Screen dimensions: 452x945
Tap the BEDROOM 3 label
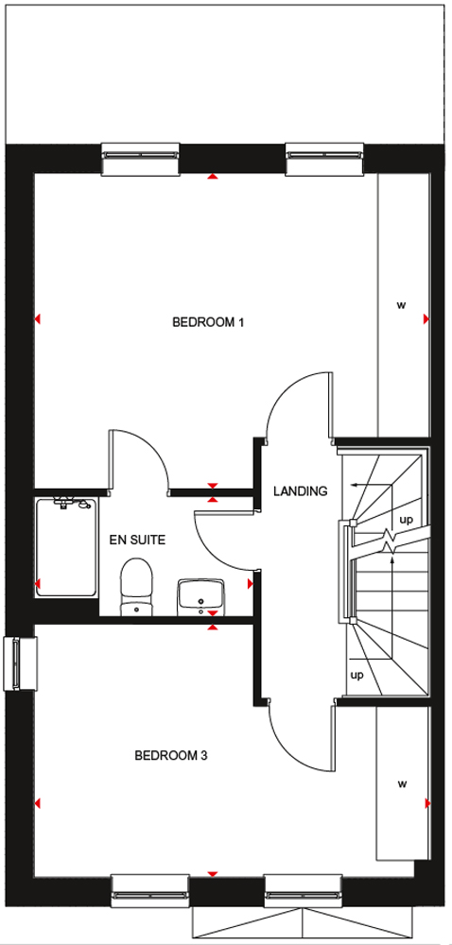tap(171, 755)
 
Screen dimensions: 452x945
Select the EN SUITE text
tap(137, 540)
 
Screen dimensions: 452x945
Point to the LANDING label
tap(300, 491)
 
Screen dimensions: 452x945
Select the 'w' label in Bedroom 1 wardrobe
tap(401, 305)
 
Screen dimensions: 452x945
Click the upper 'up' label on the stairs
tap(407, 520)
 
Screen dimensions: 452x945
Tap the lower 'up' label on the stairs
tap(357, 675)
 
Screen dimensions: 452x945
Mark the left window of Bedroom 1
tap(140, 159)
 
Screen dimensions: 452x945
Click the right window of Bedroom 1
tap(325, 159)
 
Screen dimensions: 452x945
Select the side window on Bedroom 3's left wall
tap(19, 663)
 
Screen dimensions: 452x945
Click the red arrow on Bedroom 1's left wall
tap(38, 318)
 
